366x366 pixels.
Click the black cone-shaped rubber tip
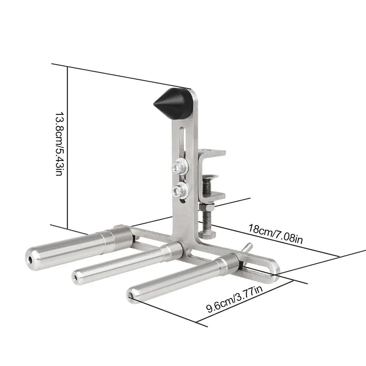click(172, 103)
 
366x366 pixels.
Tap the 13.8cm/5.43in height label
click(59, 144)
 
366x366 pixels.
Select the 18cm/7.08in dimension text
click(275, 234)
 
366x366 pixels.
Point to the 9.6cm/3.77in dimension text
click(234, 299)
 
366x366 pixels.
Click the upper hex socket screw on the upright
click(180, 166)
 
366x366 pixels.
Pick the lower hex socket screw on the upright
click(180, 190)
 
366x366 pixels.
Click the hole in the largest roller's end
click(30, 259)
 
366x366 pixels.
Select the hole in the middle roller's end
click(75, 278)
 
